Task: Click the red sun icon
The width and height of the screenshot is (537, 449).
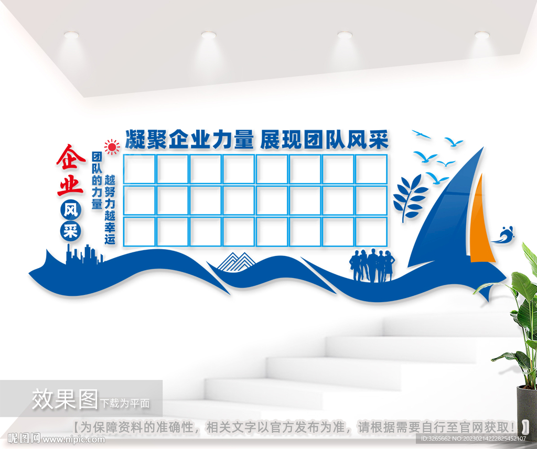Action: (112, 147)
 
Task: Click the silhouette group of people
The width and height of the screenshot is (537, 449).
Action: (372, 265)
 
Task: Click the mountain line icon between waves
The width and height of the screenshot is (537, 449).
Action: (235, 261)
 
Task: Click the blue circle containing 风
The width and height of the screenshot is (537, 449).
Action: (70, 209)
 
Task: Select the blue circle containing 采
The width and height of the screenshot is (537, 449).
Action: (70, 231)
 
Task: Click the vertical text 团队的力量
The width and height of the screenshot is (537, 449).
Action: (97, 181)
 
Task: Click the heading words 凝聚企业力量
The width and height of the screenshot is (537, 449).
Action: (189, 140)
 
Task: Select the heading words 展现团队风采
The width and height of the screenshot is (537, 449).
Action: (324, 140)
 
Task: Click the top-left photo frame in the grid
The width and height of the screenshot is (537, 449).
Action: (139, 169)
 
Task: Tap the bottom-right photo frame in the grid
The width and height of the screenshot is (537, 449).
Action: (371, 231)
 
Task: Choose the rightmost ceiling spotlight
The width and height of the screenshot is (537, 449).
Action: (481, 35)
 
